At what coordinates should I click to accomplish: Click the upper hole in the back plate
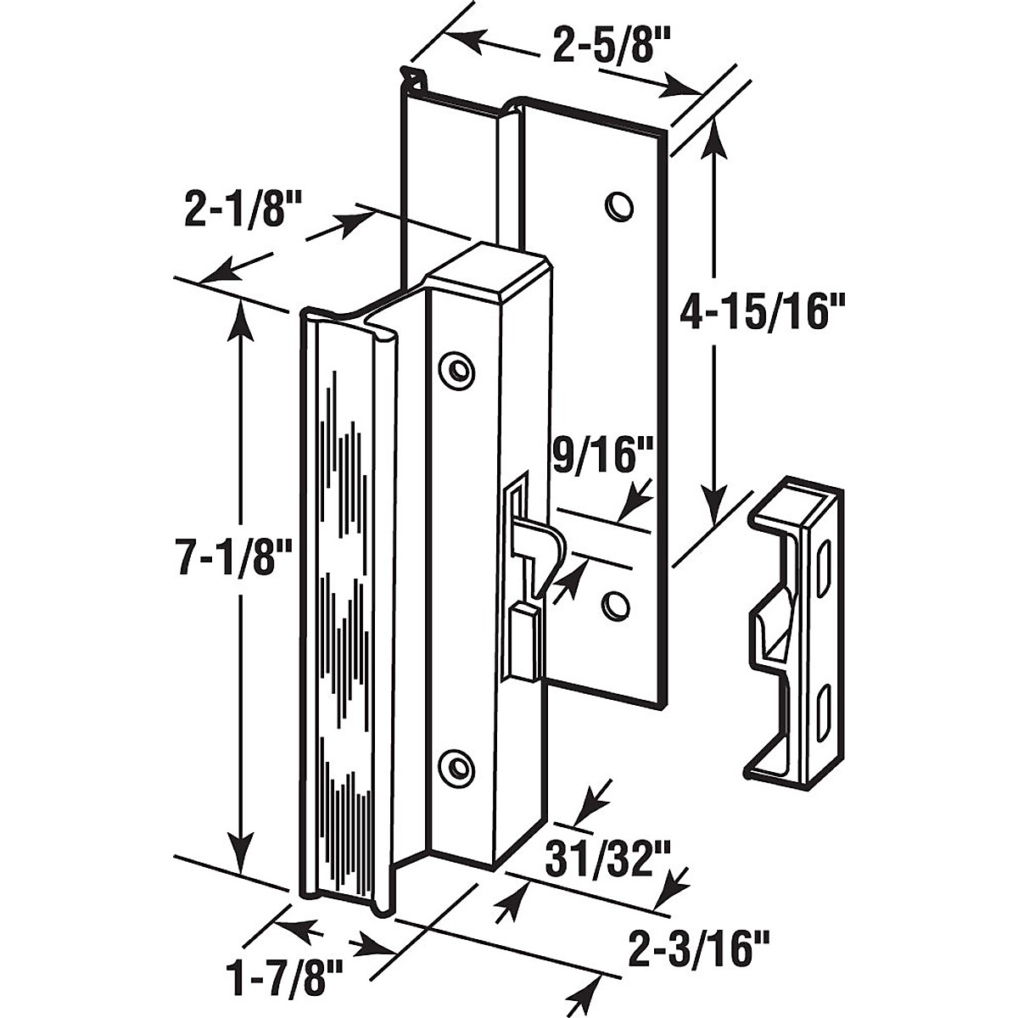click(x=617, y=204)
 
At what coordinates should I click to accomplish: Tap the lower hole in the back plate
click(x=613, y=603)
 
